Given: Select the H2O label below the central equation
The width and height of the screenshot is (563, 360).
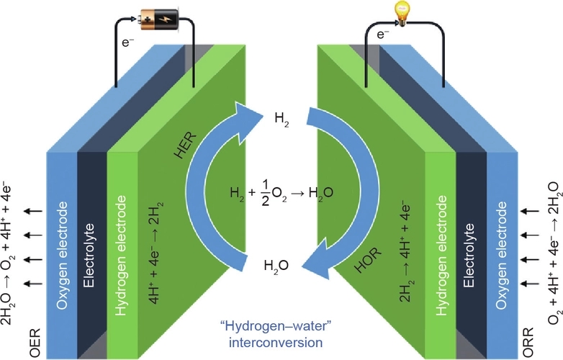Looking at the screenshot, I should [x=276, y=266].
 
